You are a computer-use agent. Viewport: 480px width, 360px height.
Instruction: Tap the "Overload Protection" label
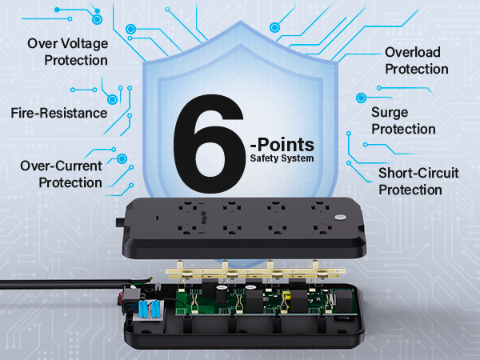pyautogui.click(x=412, y=61)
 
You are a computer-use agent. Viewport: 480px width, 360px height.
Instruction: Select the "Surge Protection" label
pyautogui.click(x=403, y=121)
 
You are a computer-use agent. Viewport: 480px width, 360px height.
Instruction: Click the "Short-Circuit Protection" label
pyautogui.click(x=410, y=182)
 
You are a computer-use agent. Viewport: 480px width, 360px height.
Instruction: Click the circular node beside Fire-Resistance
pyautogui.click(x=113, y=98)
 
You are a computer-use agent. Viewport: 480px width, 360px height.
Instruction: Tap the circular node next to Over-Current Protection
pyautogui.click(x=122, y=159)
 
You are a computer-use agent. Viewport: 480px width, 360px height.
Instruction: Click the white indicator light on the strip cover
pyautogui.click(x=339, y=218)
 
